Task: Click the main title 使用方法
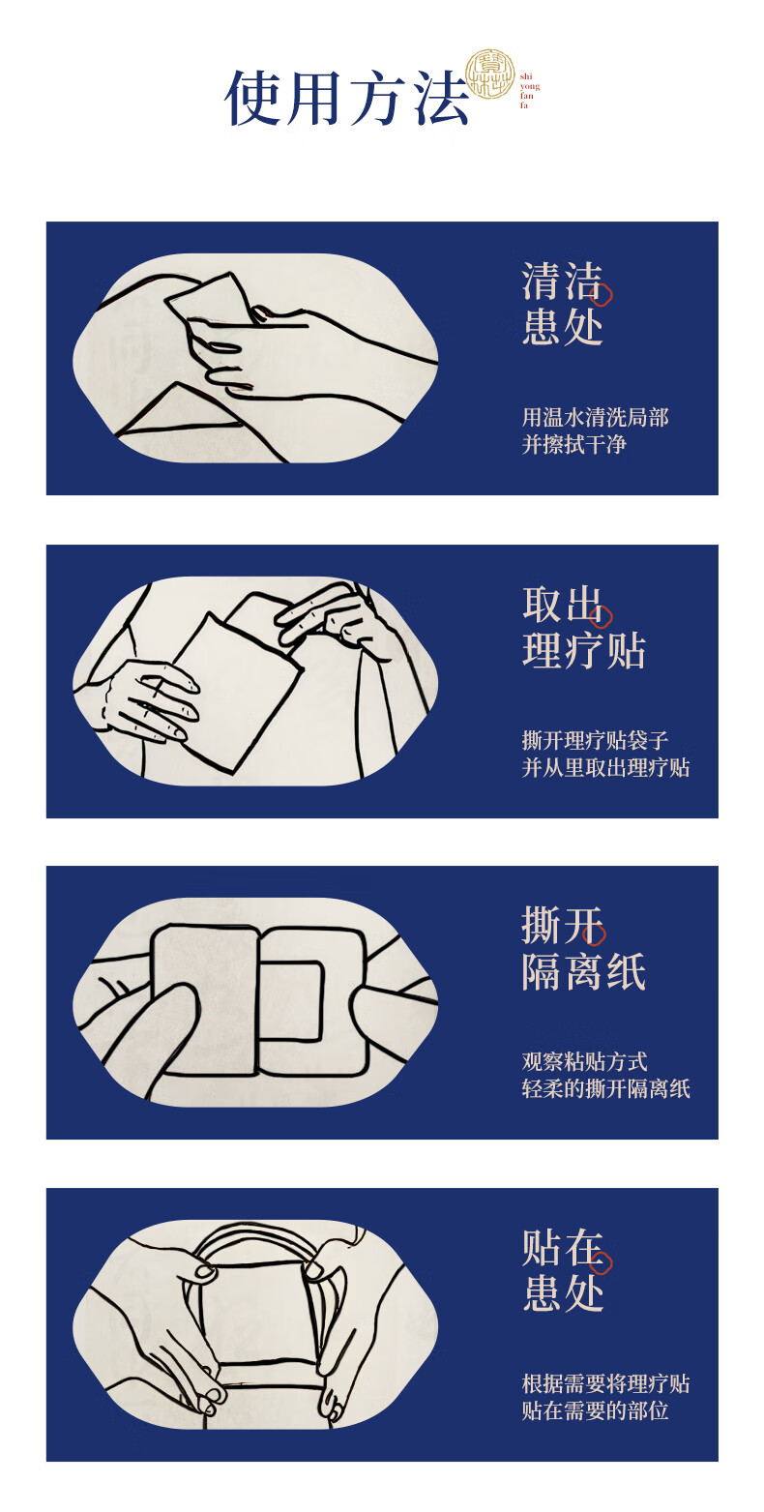click(x=347, y=98)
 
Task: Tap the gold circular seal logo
click(x=490, y=74)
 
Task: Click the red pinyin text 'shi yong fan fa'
click(x=529, y=91)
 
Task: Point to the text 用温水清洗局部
click(x=595, y=417)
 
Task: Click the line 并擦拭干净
click(x=573, y=444)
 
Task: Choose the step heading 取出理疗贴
click(x=583, y=627)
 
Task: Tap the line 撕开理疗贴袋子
click(x=595, y=740)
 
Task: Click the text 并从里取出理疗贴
click(x=605, y=767)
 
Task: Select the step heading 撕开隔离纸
click(x=583, y=948)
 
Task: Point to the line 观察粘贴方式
click(x=584, y=1061)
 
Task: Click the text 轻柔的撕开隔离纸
click(x=605, y=1088)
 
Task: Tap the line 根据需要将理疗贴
click(x=605, y=1383)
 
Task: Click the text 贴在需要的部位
click(x=595, y=1410)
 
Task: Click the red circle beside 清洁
click(x=602, y=295)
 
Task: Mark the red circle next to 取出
click(x=601, y=617)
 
